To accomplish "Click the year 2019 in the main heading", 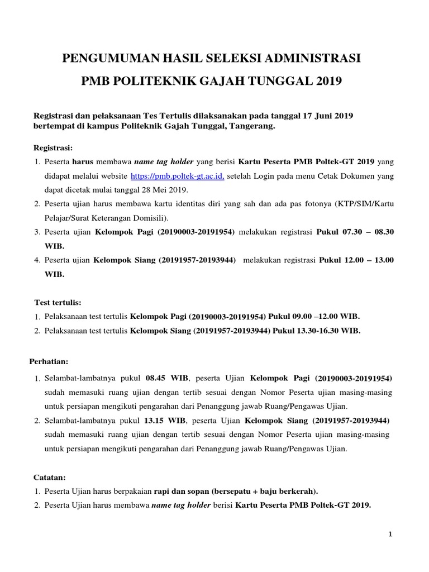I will (x=328, y=82).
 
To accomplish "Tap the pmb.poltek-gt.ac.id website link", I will (x=177, y=176).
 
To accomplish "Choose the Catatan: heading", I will (x=50, y=478).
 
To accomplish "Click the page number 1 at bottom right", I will (x=391, y=535).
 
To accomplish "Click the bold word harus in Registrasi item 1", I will (x=85, y=163).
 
